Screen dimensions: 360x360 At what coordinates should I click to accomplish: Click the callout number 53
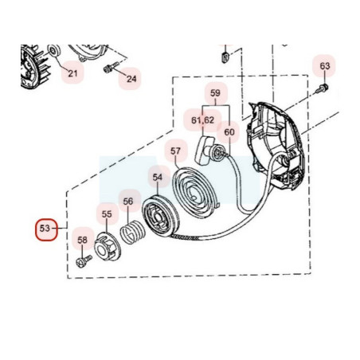[x=45, y=229]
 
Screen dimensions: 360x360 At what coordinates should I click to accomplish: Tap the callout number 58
[x=82, y=240]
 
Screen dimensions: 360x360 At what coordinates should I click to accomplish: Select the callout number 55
[x=107, y=214]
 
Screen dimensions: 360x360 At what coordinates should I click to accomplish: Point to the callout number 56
[x=128, y=202]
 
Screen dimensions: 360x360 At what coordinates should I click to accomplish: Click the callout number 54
[x=158, y=178]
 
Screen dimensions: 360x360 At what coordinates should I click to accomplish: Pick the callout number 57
[x=175, y=151]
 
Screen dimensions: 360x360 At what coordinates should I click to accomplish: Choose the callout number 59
[x=215, y=93]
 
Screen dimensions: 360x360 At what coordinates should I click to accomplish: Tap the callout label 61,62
[x=202, y=120]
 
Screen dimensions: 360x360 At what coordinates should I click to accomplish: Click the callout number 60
[x=229, y=132]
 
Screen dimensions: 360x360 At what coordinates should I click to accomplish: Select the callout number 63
[x=325, y=66]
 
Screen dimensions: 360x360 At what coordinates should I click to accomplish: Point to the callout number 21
[x=72, y=73]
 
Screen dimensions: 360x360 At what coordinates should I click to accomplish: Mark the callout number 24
[x=131, y=79]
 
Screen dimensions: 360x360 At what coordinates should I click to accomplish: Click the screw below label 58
[x=84, y=261]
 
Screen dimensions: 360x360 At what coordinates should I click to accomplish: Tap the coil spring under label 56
[x=132, y=232]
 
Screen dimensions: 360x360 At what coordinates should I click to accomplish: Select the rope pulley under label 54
[x=161, y=216]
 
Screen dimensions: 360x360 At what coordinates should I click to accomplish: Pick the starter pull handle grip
[x=204, y=150]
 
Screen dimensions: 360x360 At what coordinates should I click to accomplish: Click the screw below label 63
[x=322, y=88]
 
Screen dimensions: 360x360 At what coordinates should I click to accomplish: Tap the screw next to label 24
[x=110, y=68]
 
